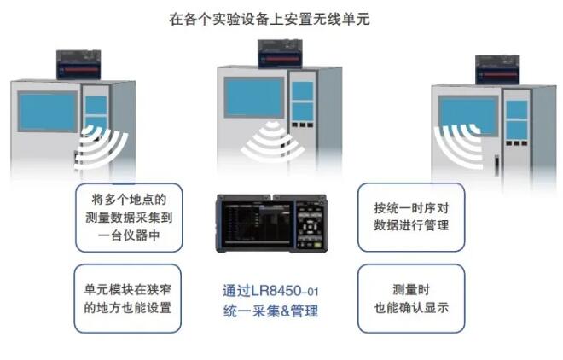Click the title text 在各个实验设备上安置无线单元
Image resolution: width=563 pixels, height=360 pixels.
270,19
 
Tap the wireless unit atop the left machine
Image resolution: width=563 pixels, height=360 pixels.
78,65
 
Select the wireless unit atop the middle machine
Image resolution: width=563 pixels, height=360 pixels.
280,54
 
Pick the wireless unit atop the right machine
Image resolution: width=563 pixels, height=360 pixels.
497,70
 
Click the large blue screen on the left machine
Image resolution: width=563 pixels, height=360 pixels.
48,111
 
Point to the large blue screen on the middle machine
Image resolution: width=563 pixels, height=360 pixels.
254,97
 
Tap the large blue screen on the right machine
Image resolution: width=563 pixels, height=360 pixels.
467,116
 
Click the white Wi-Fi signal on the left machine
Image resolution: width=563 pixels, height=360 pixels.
101,148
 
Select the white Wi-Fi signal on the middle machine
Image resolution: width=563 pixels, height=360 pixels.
272,142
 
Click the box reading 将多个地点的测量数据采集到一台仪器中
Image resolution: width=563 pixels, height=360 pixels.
129,218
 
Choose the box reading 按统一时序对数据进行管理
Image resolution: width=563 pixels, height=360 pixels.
411,218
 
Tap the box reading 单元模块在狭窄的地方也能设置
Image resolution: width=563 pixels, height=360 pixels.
127,299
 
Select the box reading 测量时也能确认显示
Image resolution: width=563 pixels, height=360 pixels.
411,299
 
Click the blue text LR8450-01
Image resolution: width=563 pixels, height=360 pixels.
285,291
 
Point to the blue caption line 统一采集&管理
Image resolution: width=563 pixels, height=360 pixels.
270,311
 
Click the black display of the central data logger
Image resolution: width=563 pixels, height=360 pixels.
256,224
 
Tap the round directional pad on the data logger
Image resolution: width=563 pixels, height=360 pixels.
310,227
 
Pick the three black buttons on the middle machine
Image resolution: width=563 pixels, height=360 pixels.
302,125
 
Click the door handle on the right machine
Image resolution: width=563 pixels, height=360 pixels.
497,165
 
